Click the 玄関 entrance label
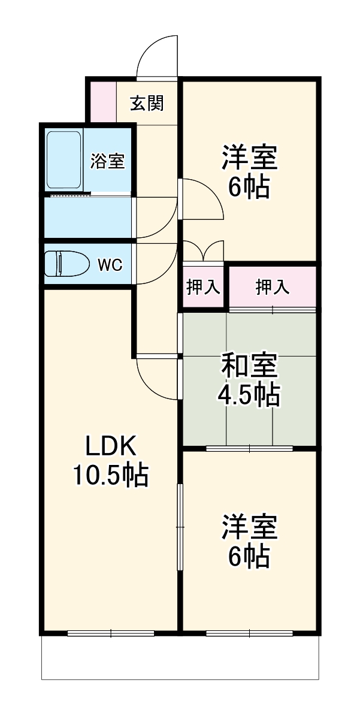[147, 104]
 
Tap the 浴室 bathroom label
[108, 161]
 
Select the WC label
[110, 265]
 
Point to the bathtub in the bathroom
[63, 159]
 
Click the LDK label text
[111, 446]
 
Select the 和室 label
[249, 365]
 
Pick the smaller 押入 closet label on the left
[203, 288]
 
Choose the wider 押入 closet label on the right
[273, 288]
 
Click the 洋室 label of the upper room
[249, 159]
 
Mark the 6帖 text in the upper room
[249, 188]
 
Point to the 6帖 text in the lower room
[249, 557]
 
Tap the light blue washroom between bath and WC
[87, 217]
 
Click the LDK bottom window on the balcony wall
[111, 633]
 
